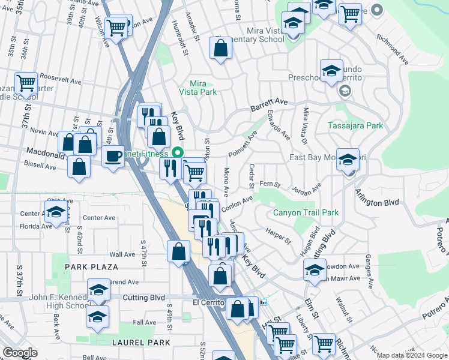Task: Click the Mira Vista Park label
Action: click(x=198, y=88)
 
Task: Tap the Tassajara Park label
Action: click(x=355, y=125)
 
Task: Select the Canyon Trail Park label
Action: click(x=306, y=212)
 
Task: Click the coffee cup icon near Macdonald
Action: click(x=113, y=157)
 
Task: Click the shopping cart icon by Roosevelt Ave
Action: click(x=26, y=82)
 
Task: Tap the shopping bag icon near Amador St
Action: click(x=221, y=47)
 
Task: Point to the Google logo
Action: click(x=20, y=353)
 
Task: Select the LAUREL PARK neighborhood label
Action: click(x=141, y=342)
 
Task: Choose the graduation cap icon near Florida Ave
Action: click(x=56, y=212)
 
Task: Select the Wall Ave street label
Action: click(x=122, y=254)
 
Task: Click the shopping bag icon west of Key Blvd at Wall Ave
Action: click(x=178, y=251)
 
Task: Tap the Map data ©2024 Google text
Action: click(x=412, y=355)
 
